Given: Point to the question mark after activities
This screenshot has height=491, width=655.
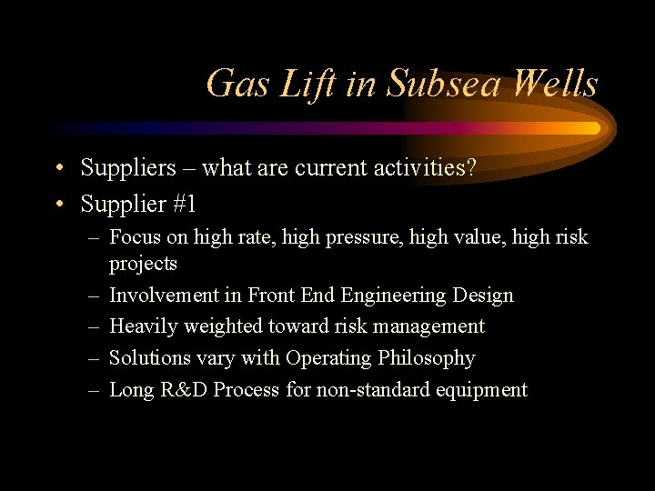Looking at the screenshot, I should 470,168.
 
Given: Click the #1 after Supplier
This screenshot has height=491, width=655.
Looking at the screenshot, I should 182,204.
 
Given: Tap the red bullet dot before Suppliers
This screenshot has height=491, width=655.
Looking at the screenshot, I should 57,169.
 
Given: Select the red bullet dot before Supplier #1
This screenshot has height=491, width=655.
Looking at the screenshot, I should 57,205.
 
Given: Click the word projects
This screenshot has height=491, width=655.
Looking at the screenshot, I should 143,264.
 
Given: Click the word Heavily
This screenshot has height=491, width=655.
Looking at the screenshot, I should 143,326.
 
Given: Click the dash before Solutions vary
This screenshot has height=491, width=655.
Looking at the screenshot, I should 95,358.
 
